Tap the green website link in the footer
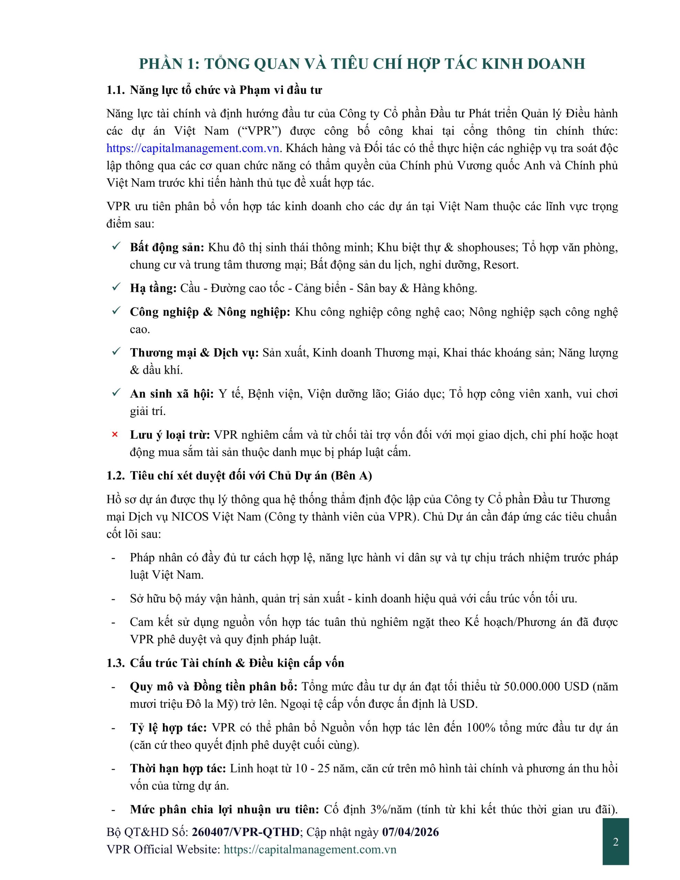point(309,849)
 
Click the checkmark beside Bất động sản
point(116,246)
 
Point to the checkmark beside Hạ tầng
point(116,287)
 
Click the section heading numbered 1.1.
point(215,90)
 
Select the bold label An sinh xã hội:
point(172,394)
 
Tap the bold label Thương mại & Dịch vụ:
point(194,353)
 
